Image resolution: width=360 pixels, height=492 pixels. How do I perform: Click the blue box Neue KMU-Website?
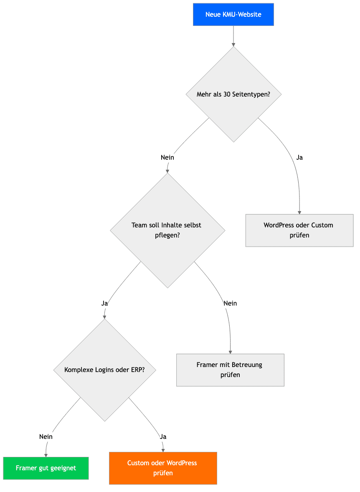pyautogui.click(x=233, y=15)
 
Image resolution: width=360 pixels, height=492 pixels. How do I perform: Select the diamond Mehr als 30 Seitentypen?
pyautogui.click(x=233, y=94)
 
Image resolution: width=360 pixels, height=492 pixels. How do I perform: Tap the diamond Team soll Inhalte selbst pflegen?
pyautogui.click(x=167, y=230)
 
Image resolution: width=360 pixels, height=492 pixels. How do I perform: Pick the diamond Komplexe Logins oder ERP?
pyautogui.click(x=104, y=370)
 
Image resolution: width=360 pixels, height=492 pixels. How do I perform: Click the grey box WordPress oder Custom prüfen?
pyautogui.click(x=299, y=230)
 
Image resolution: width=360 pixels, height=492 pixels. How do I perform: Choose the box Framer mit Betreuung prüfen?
pyautogui.click(x=230, y=370)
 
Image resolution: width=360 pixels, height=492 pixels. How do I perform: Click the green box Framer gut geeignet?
pyautogui.click(x=46, y=468)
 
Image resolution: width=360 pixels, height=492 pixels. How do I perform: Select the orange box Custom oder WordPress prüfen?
pyautogui.click(x=163, y=468)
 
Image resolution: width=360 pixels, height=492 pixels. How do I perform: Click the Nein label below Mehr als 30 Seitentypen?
pyautogui.click(x=167, y=158)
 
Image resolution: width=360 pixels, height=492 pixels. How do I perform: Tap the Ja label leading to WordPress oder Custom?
pyautogui.click(x=299, y=158)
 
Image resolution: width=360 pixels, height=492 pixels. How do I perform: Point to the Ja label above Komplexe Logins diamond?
pyautogui.click(x=104, y=303)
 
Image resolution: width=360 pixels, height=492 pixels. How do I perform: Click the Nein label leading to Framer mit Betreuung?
pyautogui.click(x=230, y=303)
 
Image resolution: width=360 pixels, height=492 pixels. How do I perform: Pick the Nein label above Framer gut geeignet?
pyautogui.click(x=46, y=437)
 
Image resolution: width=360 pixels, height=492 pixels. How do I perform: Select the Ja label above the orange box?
pyautogui.click(x=163, y=437)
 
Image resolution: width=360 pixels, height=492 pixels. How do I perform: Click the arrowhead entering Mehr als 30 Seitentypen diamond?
pyautogui.click(x=233, y=45)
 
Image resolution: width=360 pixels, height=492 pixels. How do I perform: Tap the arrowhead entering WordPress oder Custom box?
pyautogui.click(x=299, y=212)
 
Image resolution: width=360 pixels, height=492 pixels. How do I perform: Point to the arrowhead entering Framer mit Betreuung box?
pyautogui.click(x=231, y=352)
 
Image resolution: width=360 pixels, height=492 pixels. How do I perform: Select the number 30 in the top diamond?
pyautogui.click(x=227, y=94)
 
